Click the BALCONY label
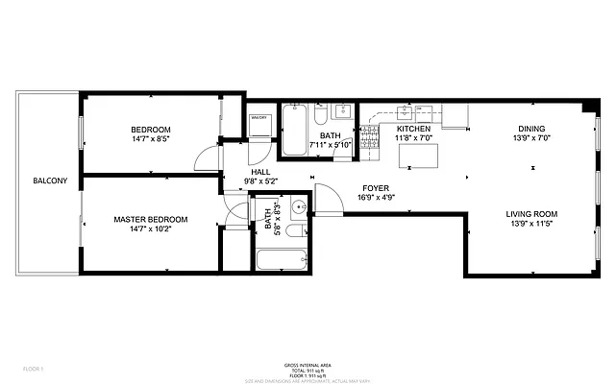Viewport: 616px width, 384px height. (x=50, y=181)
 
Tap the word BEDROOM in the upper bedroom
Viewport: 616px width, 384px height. (x=151, y=130)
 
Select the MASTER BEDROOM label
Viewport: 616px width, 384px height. (x=151, y=220)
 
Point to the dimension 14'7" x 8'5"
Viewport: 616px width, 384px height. (x=151, y=140)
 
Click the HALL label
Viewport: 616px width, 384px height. (x=259, y=171)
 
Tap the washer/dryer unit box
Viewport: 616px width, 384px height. (x=259, y=125)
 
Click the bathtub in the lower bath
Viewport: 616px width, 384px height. (x=281, y=259)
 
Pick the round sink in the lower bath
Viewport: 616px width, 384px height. (x=298, y=205)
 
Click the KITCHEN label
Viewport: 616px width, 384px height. (x=414, y=129)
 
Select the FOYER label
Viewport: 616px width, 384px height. (x=375, y=188)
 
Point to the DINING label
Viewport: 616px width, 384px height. (x=531, y=129)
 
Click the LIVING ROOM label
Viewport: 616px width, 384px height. (x=531, y=214)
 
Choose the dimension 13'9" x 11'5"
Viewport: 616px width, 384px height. (x=531, y=225)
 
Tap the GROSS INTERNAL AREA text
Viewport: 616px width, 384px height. (x=308, y=365)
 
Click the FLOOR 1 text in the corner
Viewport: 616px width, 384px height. (x=35, y=369)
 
